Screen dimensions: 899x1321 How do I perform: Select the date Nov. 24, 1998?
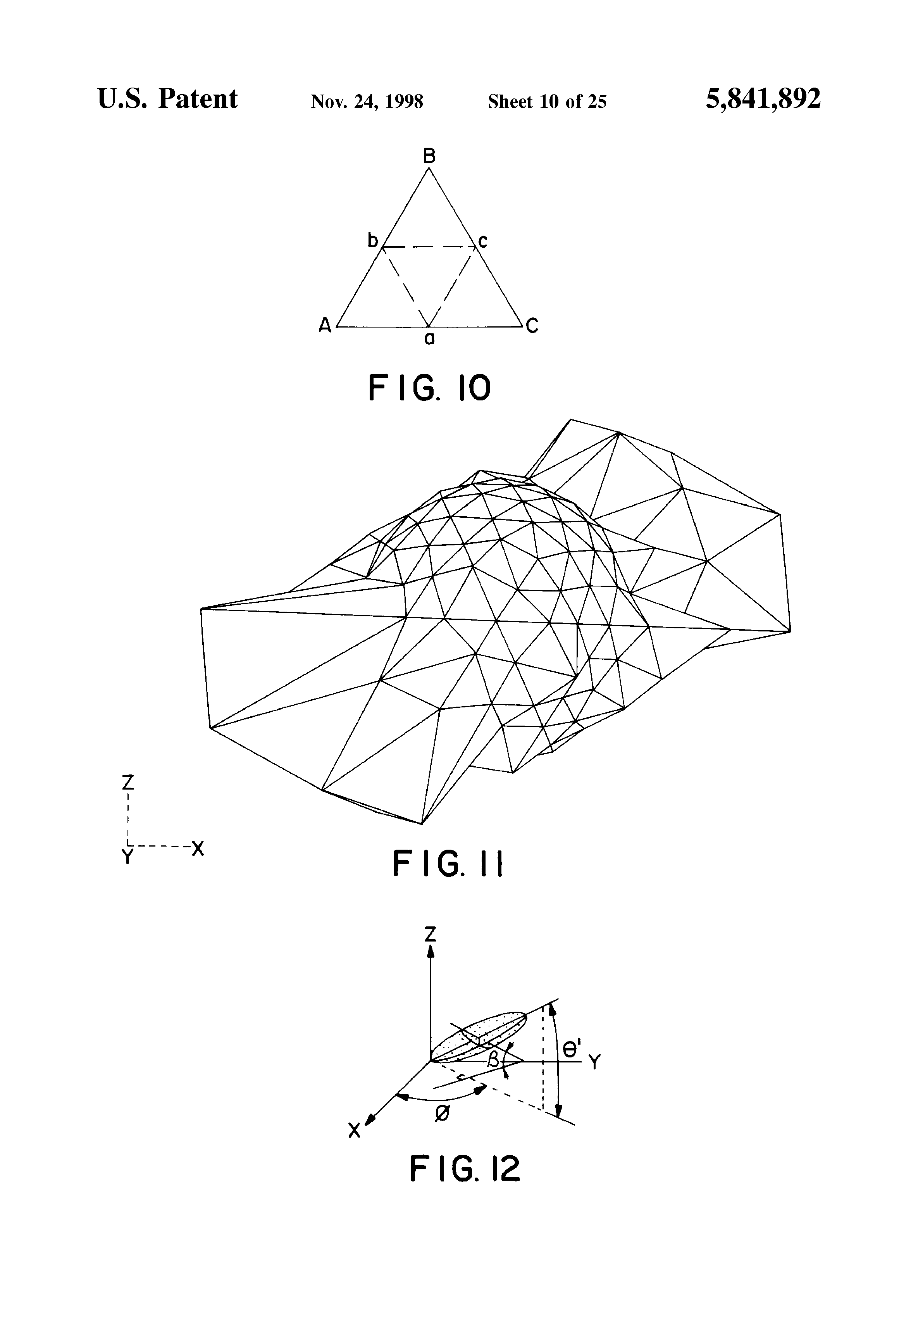click(367, 102)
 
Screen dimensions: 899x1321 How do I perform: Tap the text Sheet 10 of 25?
click(547, 102)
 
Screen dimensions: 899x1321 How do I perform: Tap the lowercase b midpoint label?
click(372, 241)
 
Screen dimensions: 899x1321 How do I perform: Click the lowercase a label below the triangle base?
click(430, 339)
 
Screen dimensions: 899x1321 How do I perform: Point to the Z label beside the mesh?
click(128, 783)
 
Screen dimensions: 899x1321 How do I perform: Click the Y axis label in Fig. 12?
click(594, 1062)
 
